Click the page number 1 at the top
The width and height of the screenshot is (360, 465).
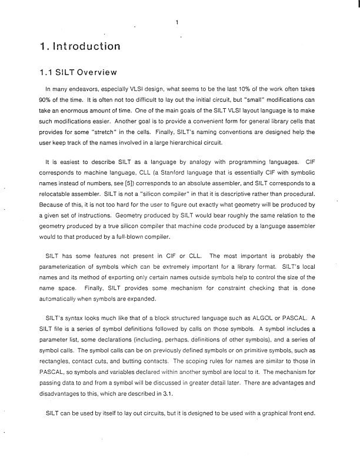(176, 23)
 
